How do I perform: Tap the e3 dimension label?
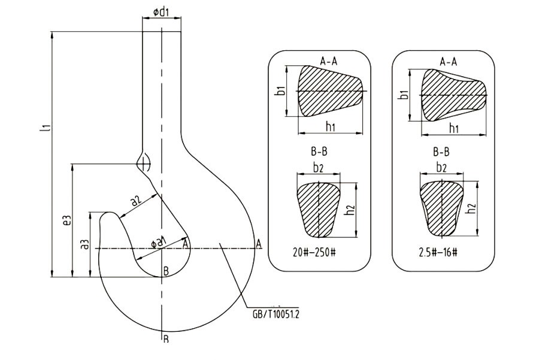pos(68,220)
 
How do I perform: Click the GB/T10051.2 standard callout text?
pos(276,313)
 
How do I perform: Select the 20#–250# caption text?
pos(311,252)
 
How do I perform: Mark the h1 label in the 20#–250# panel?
pos(330,126)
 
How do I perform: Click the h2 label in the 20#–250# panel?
pos(352,209)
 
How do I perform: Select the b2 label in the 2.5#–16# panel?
pos(441,168)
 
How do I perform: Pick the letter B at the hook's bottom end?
pos(165,339)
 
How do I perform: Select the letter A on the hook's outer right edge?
pos(259,243)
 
